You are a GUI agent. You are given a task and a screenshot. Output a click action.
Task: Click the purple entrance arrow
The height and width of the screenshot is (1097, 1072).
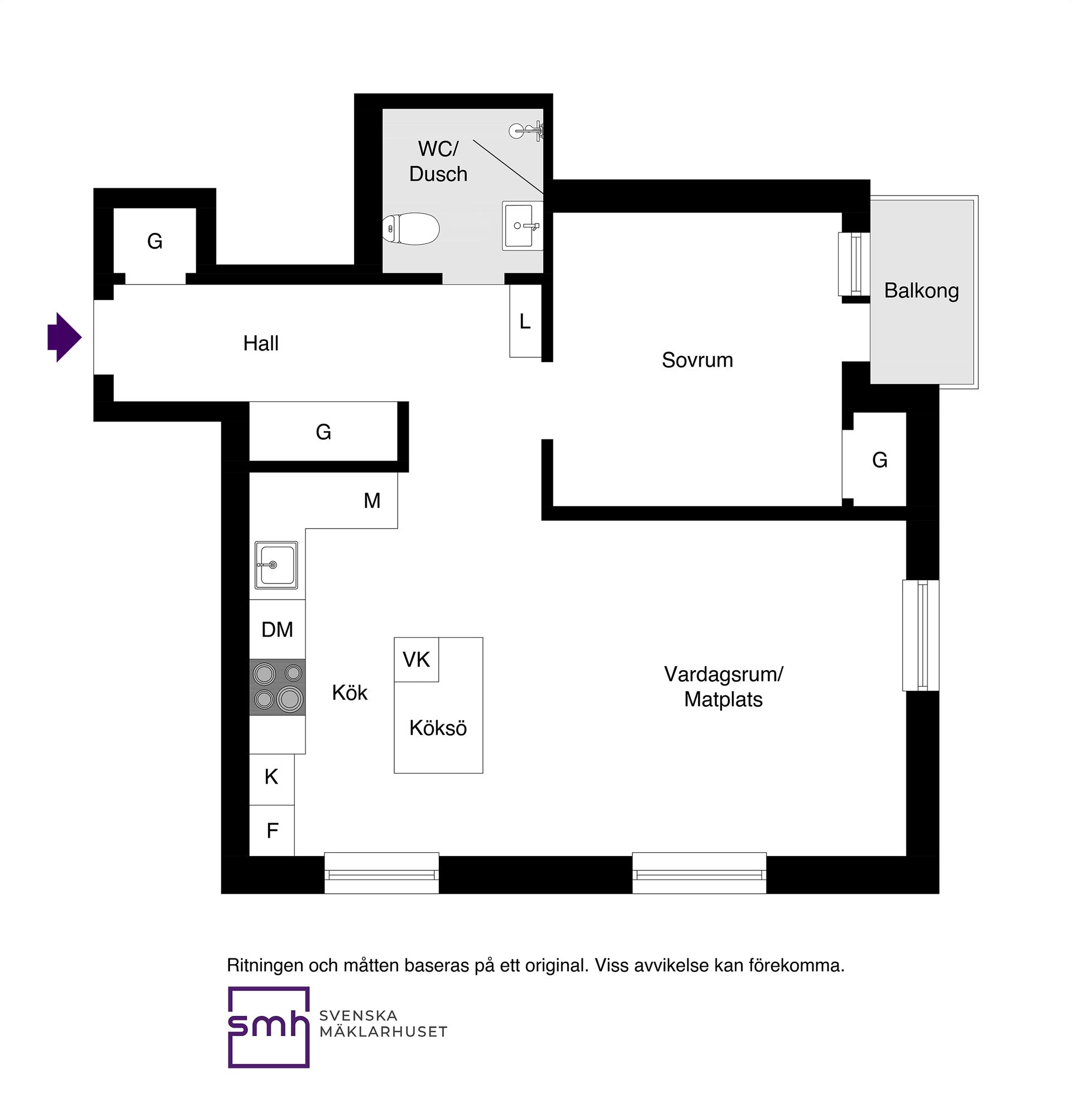(x=65, y=338)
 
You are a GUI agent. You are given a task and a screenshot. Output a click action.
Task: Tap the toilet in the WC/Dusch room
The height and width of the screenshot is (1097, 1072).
(x=410, y=229)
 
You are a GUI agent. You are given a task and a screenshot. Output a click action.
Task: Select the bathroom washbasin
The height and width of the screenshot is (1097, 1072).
(x=523, y=225)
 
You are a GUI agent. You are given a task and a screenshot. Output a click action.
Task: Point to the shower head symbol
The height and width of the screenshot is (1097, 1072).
(x=526, y=131)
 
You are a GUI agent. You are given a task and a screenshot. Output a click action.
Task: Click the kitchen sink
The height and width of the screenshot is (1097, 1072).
(x=276, y=565)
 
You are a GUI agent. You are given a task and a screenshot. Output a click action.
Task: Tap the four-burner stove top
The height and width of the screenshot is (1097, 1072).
(x=277, y=687)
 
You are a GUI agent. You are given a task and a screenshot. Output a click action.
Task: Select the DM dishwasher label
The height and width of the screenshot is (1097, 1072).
(x=277, y=629)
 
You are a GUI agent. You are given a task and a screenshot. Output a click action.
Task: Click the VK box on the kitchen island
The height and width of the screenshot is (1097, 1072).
(x=416, y=659)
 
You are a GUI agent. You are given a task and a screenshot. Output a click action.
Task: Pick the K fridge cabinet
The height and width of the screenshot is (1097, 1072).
(x=272, y=779)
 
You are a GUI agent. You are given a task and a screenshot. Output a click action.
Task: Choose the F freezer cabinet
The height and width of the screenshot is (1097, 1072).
(x=272, y=830)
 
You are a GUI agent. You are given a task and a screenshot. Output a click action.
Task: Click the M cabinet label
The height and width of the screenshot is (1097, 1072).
(x=372, y=500)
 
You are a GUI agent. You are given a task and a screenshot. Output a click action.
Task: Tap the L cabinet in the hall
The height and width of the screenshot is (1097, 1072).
(x=525, y=321)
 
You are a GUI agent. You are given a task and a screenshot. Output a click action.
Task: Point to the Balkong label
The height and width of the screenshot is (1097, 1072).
(x=921, y=291)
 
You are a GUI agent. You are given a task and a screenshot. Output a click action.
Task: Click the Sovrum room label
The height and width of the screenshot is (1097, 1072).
(x=697, y=360)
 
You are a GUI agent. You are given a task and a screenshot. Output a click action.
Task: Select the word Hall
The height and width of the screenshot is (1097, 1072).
(x=261, y=343)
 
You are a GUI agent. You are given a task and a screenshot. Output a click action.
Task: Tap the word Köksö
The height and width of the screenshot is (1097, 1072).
(x=438, y=728)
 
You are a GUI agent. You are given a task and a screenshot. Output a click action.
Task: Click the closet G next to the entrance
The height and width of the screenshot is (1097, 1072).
(x=155, y=242)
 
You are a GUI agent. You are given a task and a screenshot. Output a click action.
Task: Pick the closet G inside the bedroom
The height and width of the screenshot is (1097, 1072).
(x=879, y=460)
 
